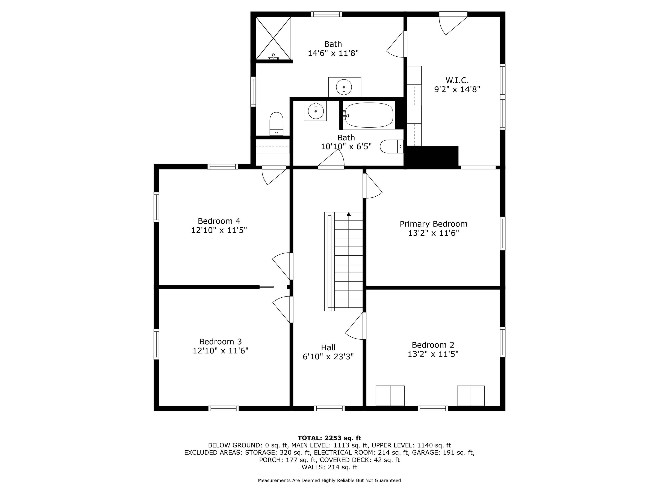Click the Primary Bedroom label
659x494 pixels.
pos(434,224)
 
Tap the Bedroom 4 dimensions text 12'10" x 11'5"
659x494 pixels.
pos(219,230)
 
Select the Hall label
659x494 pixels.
pos(328,348)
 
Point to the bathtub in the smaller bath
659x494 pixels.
pos(369,115)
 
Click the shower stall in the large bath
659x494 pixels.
pos(273,38)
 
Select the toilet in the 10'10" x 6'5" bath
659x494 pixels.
pos(392,146)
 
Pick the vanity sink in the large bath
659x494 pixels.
pos(344,87)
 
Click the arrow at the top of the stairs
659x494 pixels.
pos(349,214)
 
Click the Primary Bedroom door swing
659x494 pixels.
pos(372,186)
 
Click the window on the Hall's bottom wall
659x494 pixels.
pos(329,408)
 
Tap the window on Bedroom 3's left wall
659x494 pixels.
pos(156,344)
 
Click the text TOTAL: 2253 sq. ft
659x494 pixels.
pos(329,438)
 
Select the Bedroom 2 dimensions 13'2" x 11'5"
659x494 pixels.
pos(433,354)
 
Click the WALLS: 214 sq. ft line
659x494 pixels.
pos(329,467)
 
